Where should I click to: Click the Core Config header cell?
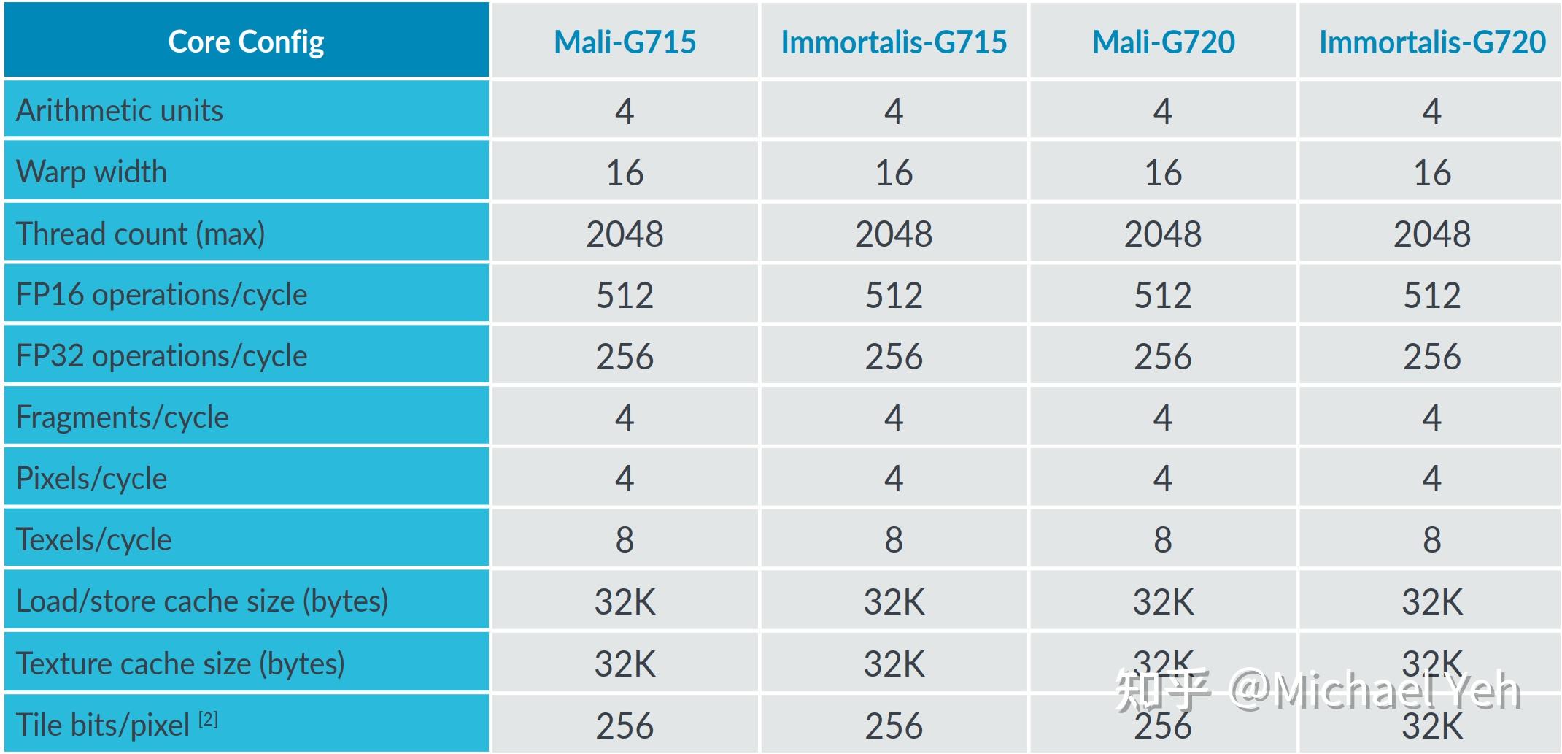tap(246, 42)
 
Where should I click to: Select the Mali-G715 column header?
tap(625, 42)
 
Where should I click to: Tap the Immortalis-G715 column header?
tap(894, 42)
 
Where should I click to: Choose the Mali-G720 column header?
tap(1163, 42)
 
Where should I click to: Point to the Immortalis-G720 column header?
tap(1432, 42)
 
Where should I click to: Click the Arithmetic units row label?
tap(120, 110)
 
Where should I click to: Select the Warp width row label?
tap(92, 172)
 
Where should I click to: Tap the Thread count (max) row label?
tap(140, 234)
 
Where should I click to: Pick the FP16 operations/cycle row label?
tap(161, 295)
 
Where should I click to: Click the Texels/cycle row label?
tap(94, 540)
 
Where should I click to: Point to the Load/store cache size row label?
tap(202, 601)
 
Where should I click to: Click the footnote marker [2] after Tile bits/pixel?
tap(208, 720)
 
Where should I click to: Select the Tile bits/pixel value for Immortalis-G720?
tap(1432, 726)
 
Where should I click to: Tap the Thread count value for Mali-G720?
tap(1163, 234)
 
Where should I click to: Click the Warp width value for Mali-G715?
tap(625, 173)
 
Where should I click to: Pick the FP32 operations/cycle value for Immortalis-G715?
tap(894, 357)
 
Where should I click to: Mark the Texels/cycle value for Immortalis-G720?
tap(1432, 540)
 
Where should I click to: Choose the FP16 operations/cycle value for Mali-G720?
tap(1163, 296)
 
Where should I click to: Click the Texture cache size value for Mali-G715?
tap(625, 664)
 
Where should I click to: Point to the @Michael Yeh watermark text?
tap(1375, 690)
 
